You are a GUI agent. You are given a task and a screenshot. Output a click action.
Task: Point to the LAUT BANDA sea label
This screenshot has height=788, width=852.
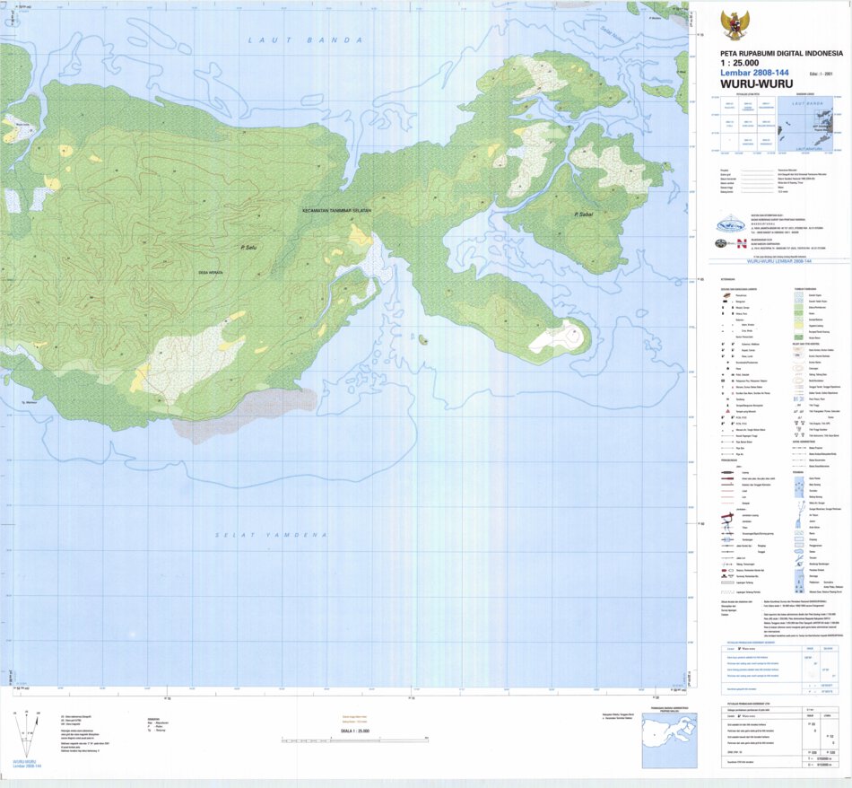point(305,40)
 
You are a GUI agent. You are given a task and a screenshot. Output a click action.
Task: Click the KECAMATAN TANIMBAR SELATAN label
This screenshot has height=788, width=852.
point(336,211)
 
